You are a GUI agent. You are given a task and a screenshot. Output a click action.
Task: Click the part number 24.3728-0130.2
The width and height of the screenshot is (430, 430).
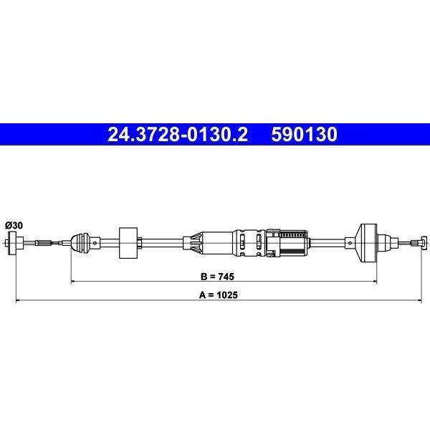pos(178,135)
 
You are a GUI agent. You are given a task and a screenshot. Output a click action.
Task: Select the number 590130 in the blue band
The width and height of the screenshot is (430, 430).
pos(304,135)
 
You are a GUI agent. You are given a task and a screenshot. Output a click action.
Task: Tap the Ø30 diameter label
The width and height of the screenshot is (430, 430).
pos(14,226)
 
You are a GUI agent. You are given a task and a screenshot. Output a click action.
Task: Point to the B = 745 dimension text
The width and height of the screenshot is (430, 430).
pos(217,277)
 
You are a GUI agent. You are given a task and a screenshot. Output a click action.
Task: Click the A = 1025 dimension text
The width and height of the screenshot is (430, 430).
pos(219,295)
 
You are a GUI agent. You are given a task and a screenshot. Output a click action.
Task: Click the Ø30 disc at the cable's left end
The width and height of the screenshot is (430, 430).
pos(12,243)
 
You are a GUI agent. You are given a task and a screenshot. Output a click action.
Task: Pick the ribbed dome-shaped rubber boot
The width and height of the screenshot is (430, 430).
pos(80,242)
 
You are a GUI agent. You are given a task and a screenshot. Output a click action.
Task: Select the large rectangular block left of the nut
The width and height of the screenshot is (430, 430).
pos(128,243)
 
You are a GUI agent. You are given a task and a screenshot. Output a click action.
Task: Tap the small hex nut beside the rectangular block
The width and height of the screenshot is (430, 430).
pos(139,243)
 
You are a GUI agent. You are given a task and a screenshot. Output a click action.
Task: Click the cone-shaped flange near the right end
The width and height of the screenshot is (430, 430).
pos(368,243)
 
